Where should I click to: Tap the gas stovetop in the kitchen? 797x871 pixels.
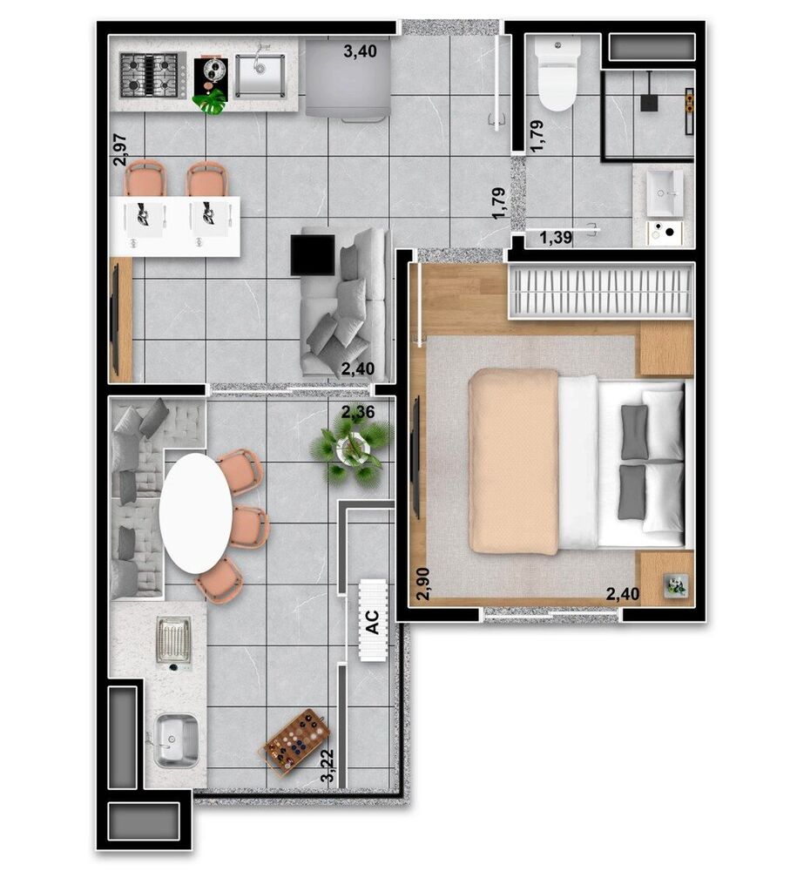(152, 74)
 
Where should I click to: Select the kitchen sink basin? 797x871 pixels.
(260, 76)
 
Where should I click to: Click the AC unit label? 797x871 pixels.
(372, 621)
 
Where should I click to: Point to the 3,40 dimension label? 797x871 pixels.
(360, 51)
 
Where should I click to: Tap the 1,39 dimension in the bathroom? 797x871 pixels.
(555, 237)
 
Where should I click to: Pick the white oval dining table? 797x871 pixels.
(196, 515)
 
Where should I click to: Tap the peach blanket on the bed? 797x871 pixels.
(513, 461)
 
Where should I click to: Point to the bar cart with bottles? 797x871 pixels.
(293, 740)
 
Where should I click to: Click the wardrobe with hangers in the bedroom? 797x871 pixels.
(601, 291)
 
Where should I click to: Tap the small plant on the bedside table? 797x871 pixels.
(675, 585)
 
